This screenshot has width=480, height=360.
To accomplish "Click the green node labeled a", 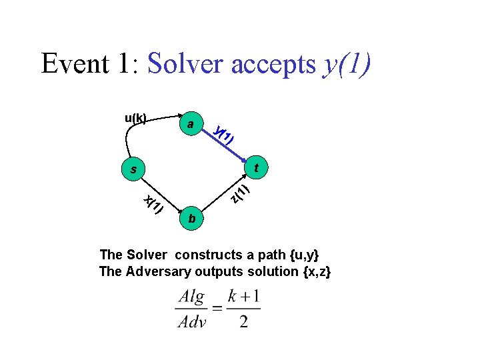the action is [191, 125].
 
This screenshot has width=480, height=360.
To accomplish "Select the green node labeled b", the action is [192, 219].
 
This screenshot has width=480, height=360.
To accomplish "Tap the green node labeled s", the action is [134, 170].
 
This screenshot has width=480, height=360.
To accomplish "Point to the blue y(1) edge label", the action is [224, 136].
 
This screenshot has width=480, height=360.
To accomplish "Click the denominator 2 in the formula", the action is [244, 322].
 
